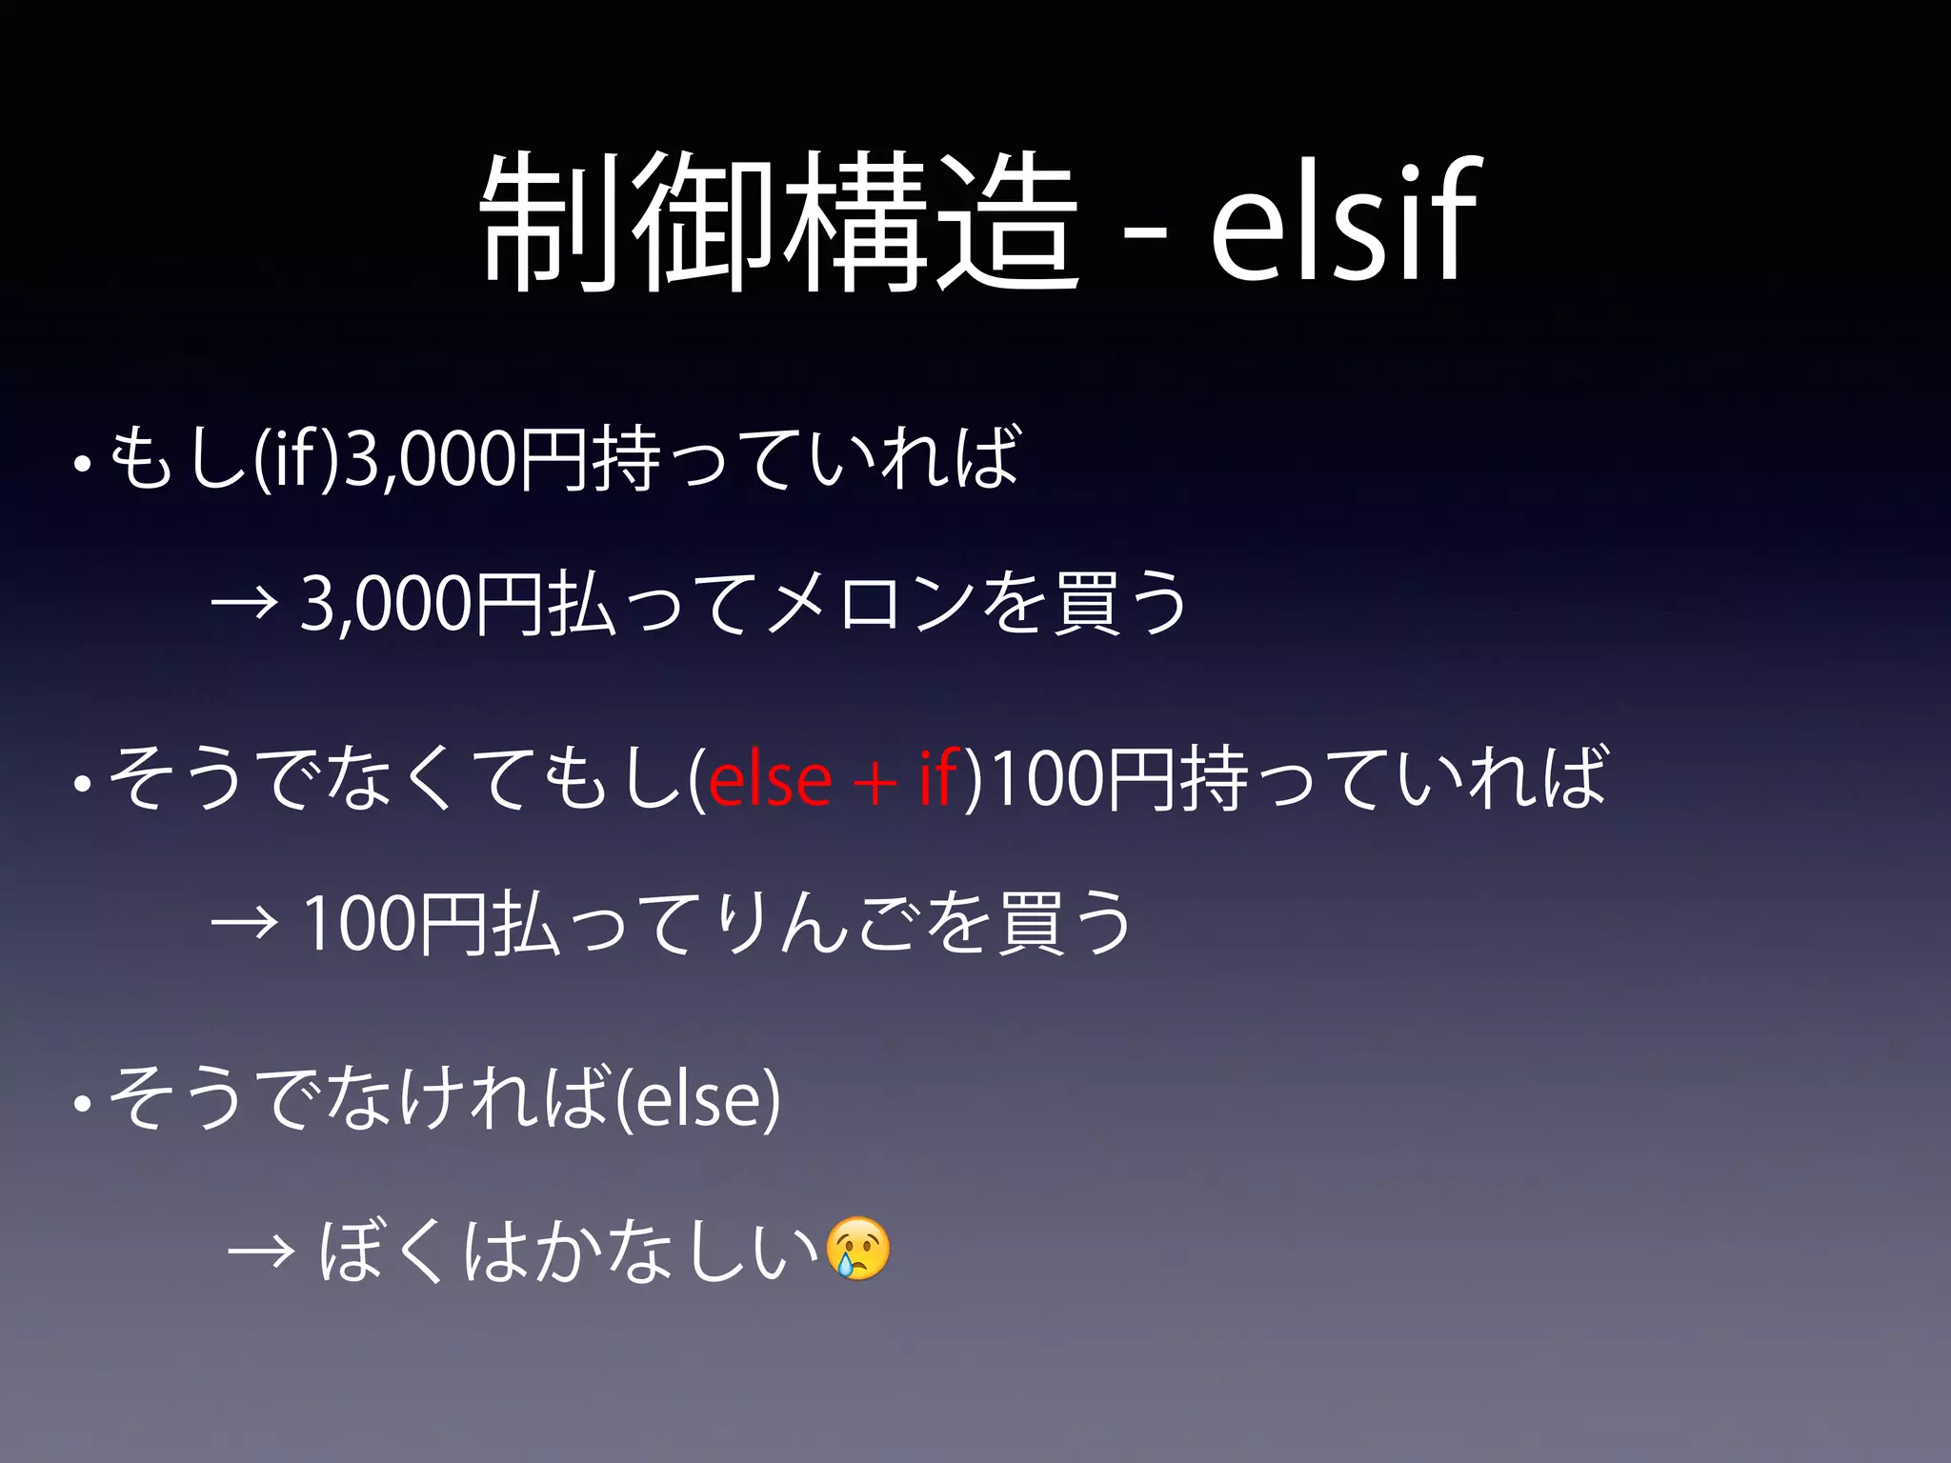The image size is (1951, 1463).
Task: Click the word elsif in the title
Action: tap(1343, 221)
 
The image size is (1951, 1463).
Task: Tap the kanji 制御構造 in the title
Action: tap(779, 223)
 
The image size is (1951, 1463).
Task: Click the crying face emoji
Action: tap(858, 1249)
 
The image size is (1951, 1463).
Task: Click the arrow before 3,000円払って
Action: tap(244, 604)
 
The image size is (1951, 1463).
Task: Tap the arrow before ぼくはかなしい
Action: tap(260, 1252)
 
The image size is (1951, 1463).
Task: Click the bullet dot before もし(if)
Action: tap(82, 467)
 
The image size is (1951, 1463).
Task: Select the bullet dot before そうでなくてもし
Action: tap(82, 785)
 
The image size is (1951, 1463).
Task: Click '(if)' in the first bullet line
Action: tap(296, 459)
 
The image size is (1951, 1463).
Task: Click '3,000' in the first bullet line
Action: tap(431, 459)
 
